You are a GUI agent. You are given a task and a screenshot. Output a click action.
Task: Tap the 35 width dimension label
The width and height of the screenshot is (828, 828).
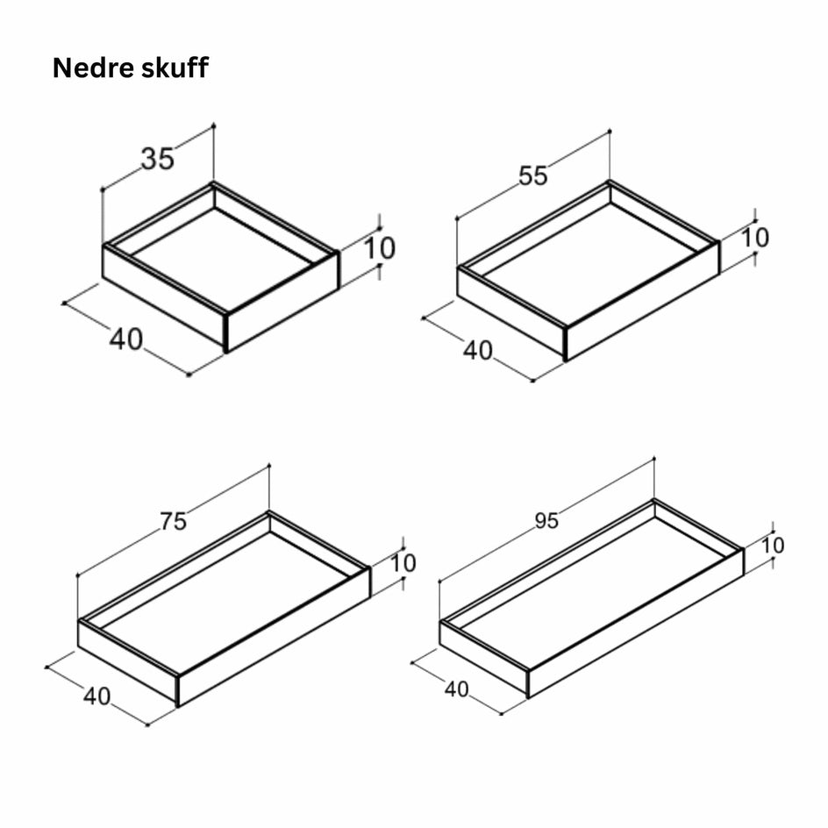click(x=157, y=159)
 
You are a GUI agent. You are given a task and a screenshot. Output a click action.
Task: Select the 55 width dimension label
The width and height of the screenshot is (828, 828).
click(x=532, y=175)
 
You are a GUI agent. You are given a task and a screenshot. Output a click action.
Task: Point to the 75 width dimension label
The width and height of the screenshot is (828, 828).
click(x=174, y=522)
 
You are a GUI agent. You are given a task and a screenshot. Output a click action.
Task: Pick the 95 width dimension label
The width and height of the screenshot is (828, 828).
click(x=546, y=521)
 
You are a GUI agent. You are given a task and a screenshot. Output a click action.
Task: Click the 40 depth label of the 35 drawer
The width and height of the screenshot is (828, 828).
click(x=126, y=339)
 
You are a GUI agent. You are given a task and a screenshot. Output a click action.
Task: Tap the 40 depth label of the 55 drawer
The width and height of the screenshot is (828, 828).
click(x=478, y=351)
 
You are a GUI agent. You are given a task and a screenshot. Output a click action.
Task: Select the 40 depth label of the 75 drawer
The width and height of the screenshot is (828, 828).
click(x=96, y=696)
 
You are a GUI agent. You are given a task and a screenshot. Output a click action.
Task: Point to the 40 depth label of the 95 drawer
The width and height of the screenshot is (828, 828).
click(x=457, y=689)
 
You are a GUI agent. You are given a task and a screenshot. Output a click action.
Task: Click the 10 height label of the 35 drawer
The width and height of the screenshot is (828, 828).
click(x=379, y=248)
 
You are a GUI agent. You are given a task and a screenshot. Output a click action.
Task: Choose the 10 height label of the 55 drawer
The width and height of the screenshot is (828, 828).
click(x=755, y=238)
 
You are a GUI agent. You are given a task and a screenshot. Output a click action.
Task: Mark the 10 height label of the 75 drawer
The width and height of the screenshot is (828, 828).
click(x=403, y=563)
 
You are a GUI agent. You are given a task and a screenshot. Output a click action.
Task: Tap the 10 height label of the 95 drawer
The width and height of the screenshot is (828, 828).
click(x=773, y=546)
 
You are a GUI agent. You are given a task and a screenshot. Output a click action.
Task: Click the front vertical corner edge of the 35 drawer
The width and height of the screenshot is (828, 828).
click(x=226, y=332)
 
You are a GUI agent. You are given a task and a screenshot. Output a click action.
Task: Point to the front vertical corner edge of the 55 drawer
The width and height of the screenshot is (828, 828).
click(x=566, y=344)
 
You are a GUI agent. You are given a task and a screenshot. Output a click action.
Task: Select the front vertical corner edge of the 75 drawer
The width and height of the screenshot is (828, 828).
click(x=178, y=690)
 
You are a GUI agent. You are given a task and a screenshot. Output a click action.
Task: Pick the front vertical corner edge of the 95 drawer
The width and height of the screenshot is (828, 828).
click(x=528, y=684)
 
